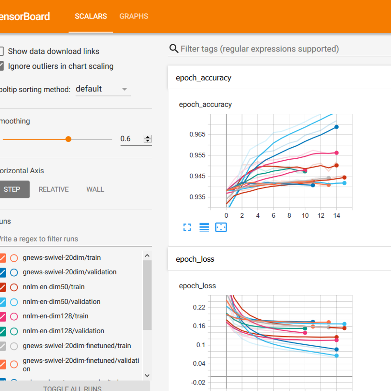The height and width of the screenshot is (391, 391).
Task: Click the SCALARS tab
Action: tap(91, 16)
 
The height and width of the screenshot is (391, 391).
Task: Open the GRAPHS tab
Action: tap(134, 16)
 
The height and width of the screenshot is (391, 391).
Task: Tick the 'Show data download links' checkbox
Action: tap(1, 51)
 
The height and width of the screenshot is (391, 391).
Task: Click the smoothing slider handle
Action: tap(68, 139)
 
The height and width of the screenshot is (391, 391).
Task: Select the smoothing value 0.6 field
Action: tap(130, 139)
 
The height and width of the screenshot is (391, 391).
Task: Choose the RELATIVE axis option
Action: tap(53, 189)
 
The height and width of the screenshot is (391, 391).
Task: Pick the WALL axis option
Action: tap(95, 189)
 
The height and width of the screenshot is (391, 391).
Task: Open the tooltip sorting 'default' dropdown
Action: tap(103, 89)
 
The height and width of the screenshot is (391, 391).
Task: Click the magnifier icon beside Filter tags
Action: tap(174, 49)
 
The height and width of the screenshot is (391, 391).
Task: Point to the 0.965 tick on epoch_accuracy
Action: tap(197, 134)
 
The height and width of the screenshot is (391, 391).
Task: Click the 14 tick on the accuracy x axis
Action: tap(337, 215)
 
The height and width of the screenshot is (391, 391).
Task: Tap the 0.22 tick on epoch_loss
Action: tap(199, 307)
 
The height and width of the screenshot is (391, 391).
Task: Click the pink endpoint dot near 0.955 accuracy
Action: tap(337, 153)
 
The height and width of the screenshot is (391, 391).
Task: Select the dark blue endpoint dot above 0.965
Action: tap(337, 127)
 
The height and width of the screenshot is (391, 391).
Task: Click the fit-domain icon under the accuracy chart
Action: tap(221, 227)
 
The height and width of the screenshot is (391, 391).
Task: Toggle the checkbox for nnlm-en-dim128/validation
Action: tap(2, 331)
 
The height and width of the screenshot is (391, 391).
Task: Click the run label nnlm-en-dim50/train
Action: tap(53, 287)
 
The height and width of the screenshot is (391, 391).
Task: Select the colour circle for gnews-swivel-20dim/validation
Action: tap(14, 272)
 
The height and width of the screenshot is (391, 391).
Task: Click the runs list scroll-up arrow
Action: tap(147, 256)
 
